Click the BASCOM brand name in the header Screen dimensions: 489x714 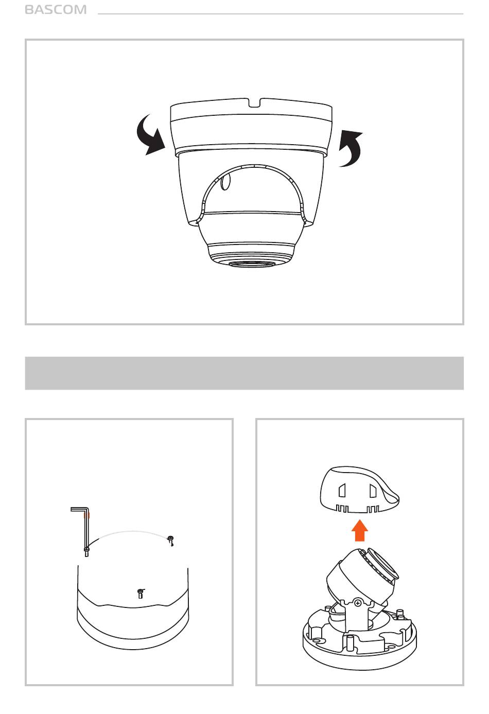tap(56, 10)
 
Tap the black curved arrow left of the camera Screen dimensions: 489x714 tap(149, 136)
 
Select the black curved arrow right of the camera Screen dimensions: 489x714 tap(352, 149)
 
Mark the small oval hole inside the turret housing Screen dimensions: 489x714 tap(225, 182)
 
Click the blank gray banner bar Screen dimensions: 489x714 tap(244, 373)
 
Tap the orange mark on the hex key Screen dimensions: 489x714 tap(86, 515)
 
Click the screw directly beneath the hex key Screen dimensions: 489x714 tap(86, 552)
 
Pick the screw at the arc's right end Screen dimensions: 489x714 tap(171, 541)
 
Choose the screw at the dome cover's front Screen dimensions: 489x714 tap(141, 593)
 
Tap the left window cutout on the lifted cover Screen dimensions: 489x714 tap(342, 491)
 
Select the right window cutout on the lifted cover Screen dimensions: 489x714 tap(373, 491)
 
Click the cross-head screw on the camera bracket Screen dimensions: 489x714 tap(358, 603)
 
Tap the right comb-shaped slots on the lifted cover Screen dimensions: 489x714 tap(373, 509)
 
